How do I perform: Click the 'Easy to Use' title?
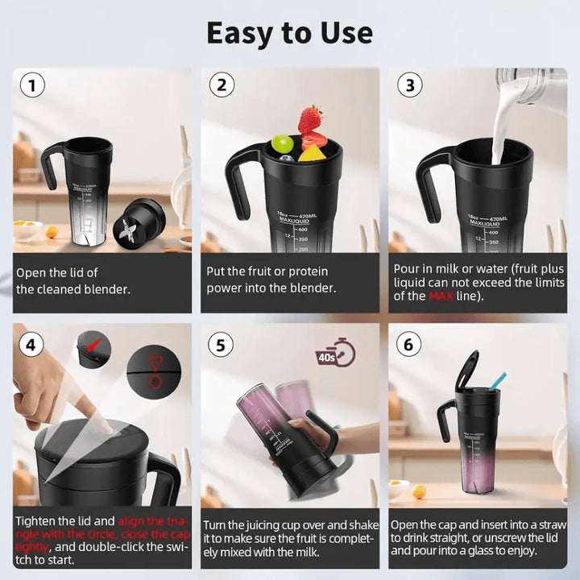[x=289, y=33]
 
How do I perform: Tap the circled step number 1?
[x=31, y=85]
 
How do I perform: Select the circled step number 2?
[x=221, y=85]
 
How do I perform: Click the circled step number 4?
[x=31, y=346]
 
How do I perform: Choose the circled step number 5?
[x=221, y=346]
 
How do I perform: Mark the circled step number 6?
[x=408, y=346]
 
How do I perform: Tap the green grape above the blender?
[x=281, y=143]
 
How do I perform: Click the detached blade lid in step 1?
[x=135, y=226]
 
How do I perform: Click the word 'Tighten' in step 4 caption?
[x=38, y=522]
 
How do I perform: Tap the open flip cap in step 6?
[x=468, y=371]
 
